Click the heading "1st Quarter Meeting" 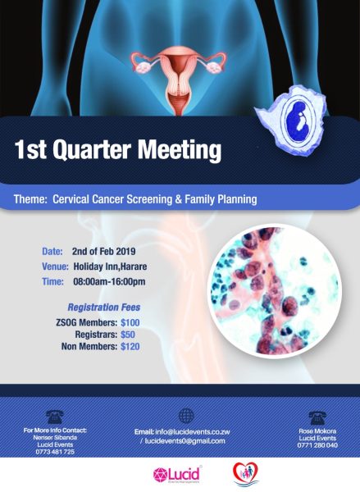click(118, 150)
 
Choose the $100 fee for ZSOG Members click(130, 322)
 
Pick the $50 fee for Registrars click(128, 335)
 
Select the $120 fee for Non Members click(130, 347)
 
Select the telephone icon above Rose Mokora click(317, 417)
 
